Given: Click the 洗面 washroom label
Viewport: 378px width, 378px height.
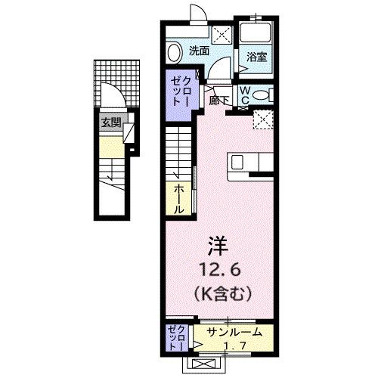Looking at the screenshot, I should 199,51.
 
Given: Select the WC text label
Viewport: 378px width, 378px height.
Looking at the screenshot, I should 246,94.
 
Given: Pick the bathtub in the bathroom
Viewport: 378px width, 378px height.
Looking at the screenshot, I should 255,34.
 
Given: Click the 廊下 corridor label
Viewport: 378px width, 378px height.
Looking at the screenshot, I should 219,99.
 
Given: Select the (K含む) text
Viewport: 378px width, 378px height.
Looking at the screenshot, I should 219,290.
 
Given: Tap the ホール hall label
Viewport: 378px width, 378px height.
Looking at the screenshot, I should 179,197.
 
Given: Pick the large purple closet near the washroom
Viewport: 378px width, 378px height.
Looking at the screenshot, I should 180,92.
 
